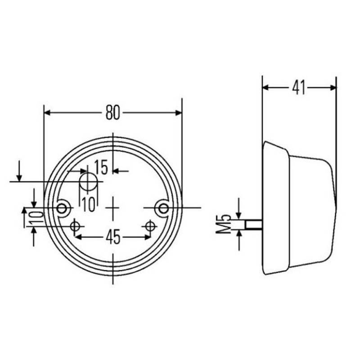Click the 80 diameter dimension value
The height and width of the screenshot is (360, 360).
click(x=113, y=112)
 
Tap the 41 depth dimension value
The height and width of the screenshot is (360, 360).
click(x=298, y=88)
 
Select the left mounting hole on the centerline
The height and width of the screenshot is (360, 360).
click(x=63, y=207)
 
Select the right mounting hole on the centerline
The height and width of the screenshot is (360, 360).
click(x=162, y=207)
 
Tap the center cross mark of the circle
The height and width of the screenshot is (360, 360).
click(x=113, y=207)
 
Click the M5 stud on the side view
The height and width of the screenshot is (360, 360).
click(x=254, y=224)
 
